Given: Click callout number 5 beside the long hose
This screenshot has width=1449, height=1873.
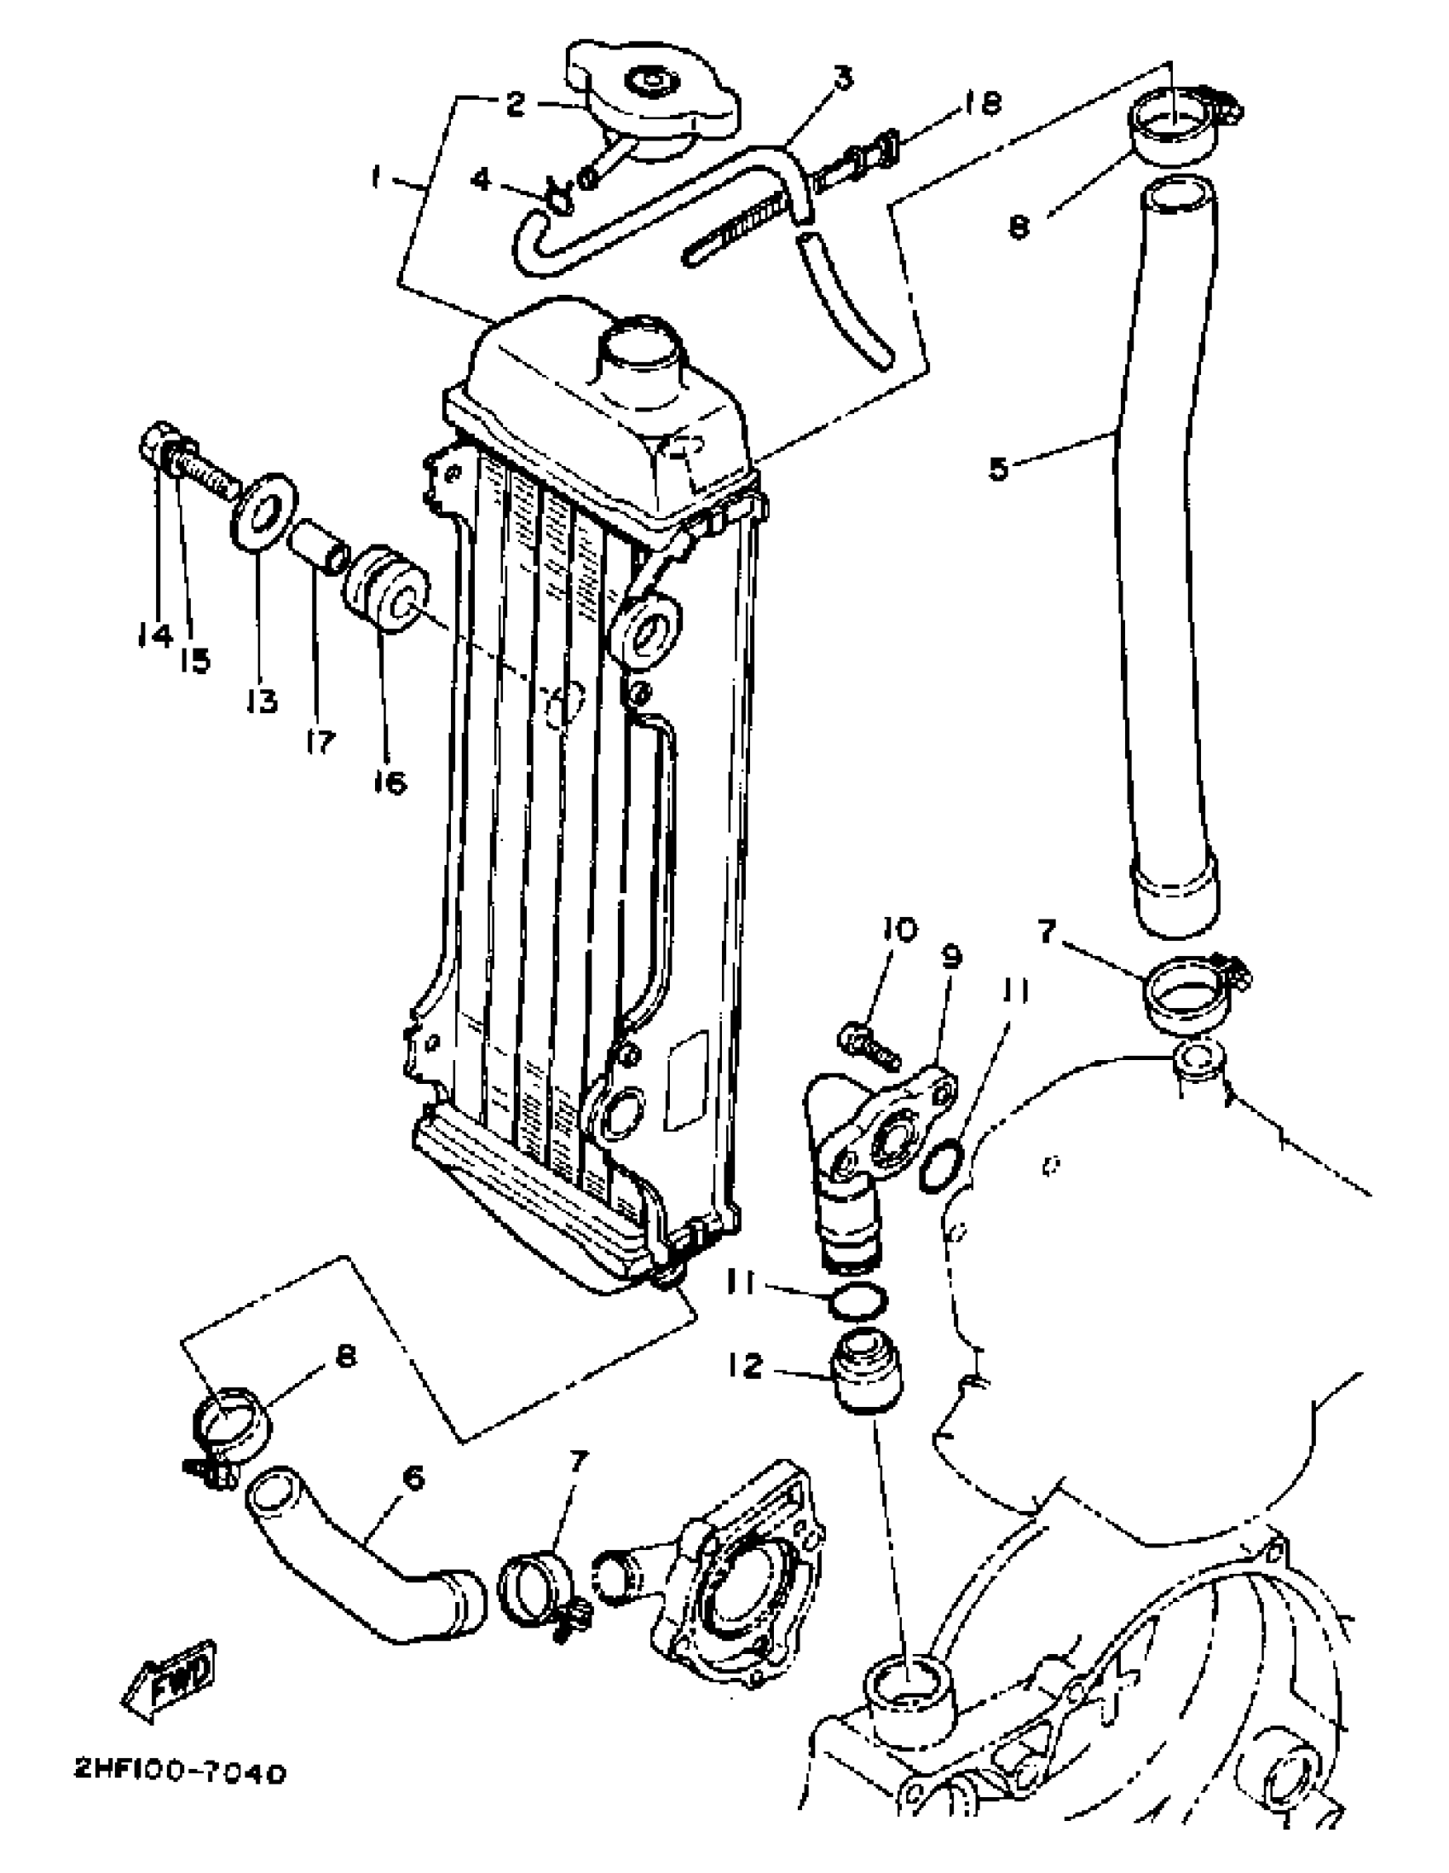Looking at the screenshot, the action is [999, 470].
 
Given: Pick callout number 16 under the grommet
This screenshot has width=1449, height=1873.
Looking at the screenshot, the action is [390, 781].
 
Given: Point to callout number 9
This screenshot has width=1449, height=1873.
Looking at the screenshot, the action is [951, 956].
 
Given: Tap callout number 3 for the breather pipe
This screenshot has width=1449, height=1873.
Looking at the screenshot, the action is [843, 79].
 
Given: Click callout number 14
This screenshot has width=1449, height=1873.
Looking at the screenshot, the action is [154, 635].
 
